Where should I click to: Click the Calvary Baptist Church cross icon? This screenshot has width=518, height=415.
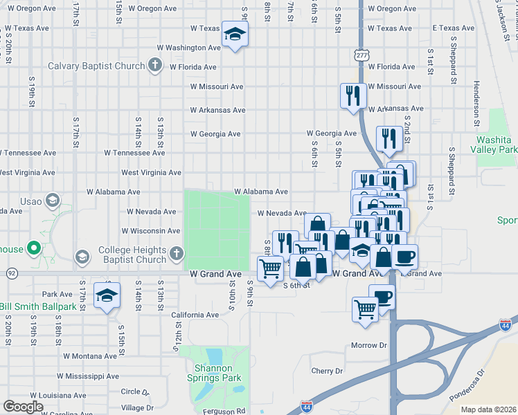tap(154, 66)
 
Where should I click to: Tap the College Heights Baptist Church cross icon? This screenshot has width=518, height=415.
tap(176, 255)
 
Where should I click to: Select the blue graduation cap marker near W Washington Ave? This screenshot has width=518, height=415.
tap(235, 35)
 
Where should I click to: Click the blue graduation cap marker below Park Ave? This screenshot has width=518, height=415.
tap(107, 295)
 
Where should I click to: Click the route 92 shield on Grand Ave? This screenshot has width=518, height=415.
tap(12, 273)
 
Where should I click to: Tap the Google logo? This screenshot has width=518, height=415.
tap(23, 407)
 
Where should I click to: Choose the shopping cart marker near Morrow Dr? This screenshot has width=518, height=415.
tap(365, 309)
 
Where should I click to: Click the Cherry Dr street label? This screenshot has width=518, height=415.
tap(328, 371)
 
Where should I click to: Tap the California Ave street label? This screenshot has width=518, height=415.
tap(195, 315)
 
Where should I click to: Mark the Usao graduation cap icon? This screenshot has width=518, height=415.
tap(52, 201)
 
